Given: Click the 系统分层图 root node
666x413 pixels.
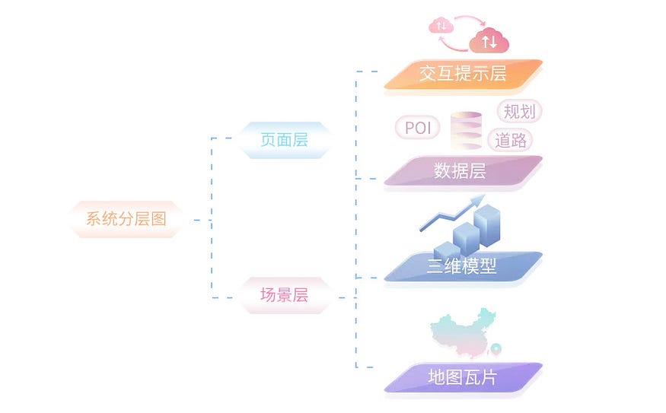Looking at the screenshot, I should click(126, 220).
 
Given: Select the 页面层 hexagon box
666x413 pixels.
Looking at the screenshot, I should click(284, 140).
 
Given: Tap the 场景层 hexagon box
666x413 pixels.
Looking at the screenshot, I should click(284, 295).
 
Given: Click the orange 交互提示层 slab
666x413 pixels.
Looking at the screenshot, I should click(463, 74).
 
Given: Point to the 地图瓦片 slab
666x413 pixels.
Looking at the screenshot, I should click(462, 376).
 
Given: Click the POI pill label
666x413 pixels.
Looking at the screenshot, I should click(418, 128).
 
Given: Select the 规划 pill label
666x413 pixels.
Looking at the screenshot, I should click(519, 112).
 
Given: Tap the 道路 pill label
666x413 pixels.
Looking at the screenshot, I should click(511, 140).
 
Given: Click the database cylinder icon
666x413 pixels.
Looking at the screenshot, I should click(467, 130).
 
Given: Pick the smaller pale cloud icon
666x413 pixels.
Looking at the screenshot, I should click(441, 27).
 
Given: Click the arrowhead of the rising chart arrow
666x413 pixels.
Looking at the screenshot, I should click(480, 200).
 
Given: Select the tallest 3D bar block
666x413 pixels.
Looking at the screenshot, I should click(490, 221).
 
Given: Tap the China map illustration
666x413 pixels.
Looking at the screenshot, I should click(461, 335).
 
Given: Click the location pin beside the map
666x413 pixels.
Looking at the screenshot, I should click(496, 350).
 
